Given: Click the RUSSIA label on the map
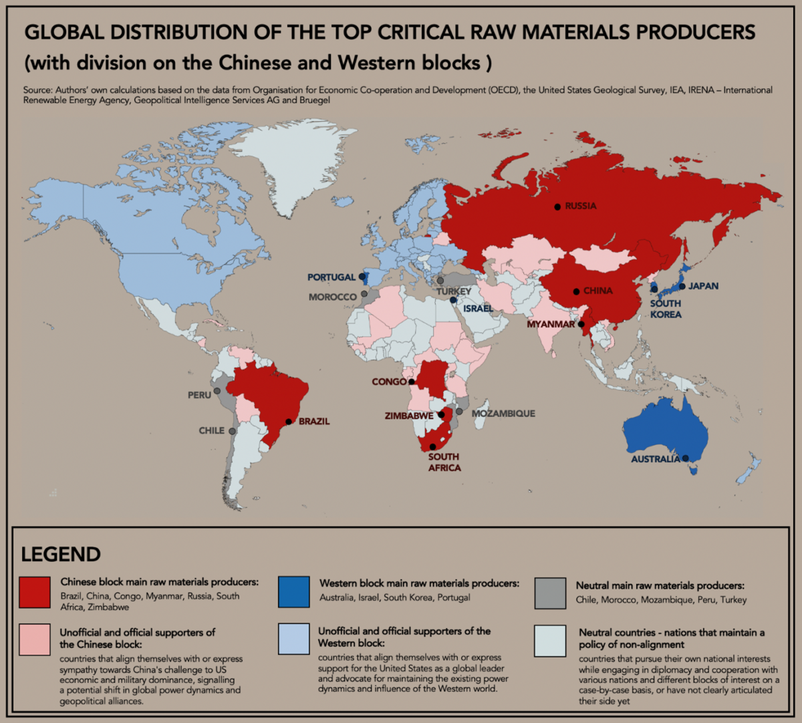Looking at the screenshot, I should click(x=580, y=206).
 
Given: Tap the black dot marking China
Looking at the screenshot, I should click(x=576, y=291).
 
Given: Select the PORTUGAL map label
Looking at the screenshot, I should click(x=331, y=277).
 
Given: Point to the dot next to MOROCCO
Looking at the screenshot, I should click(x=364, y=293).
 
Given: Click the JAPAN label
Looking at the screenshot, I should click(x=703, y=286).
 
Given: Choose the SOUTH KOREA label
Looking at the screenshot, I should click(x=666, y=309).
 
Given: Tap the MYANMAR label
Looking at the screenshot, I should click(x=551, y=324).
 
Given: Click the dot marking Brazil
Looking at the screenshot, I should click(x=289, y=422).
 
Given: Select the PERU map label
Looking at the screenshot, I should click(x=199, y=395).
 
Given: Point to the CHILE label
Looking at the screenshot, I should click(x=211, y=430).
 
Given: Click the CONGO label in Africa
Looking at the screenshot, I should click(x=389, y=382).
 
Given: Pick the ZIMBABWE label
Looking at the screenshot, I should click(x=409, y=416).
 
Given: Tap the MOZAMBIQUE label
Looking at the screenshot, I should click(x=503, y=414).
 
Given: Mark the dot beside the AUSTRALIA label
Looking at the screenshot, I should click(x=685, y=458).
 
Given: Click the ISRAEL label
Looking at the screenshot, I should click(x=478, y=308).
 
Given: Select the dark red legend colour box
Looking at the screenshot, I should click(x=35, y=592).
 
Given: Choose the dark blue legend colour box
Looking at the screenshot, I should click(x=294, y=592).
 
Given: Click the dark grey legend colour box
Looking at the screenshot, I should click(x=550, y=593).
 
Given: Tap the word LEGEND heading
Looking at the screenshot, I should click(x=61, y=555).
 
